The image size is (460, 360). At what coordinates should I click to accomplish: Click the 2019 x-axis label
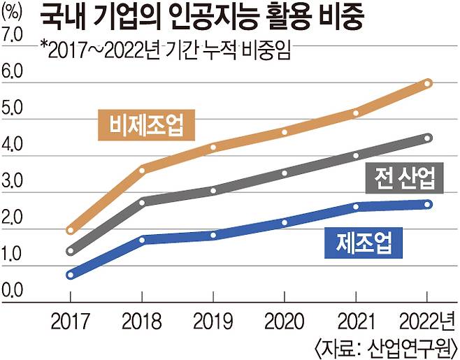coord(214,322)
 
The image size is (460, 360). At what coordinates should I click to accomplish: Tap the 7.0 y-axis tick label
coord(14,34)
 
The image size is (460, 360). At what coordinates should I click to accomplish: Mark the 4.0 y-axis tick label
coord(14,147)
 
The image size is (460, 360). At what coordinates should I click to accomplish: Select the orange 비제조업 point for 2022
coord(428,83)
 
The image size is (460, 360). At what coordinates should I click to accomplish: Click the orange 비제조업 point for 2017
coord(70,229)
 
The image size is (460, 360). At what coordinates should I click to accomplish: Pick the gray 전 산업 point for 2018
coord(143,201)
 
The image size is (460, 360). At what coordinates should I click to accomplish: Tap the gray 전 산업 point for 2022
coord(428,138)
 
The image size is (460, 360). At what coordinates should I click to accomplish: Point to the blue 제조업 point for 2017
coord(70,275)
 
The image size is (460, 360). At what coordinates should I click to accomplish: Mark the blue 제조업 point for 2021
coord(357,206)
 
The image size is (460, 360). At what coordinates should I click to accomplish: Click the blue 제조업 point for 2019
coord(214,234)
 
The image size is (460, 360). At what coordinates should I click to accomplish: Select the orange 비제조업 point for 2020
coord(285,131)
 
